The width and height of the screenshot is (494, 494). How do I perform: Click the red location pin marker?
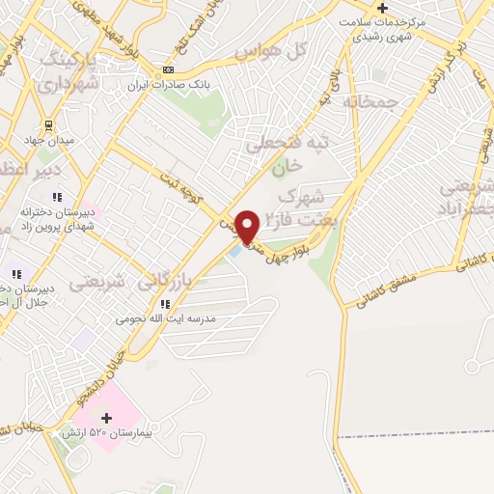248,226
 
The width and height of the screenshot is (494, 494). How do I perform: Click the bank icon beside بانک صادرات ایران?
169,69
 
